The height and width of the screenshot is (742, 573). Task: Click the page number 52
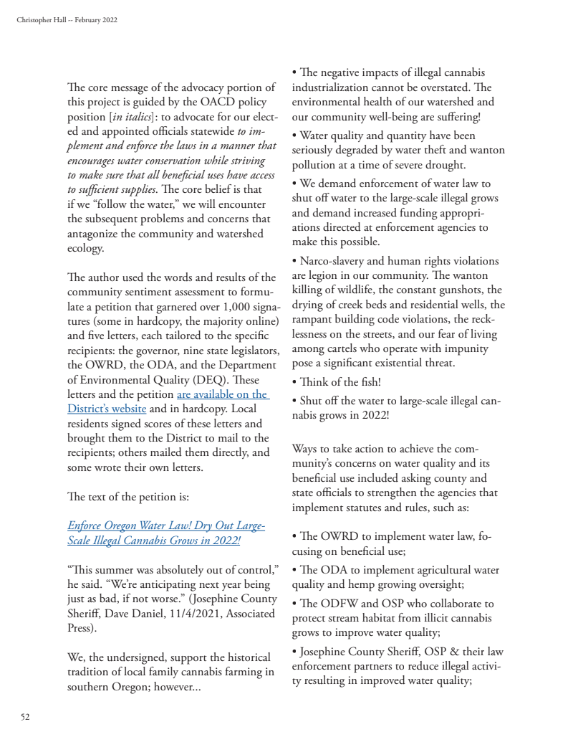coord(25,716)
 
